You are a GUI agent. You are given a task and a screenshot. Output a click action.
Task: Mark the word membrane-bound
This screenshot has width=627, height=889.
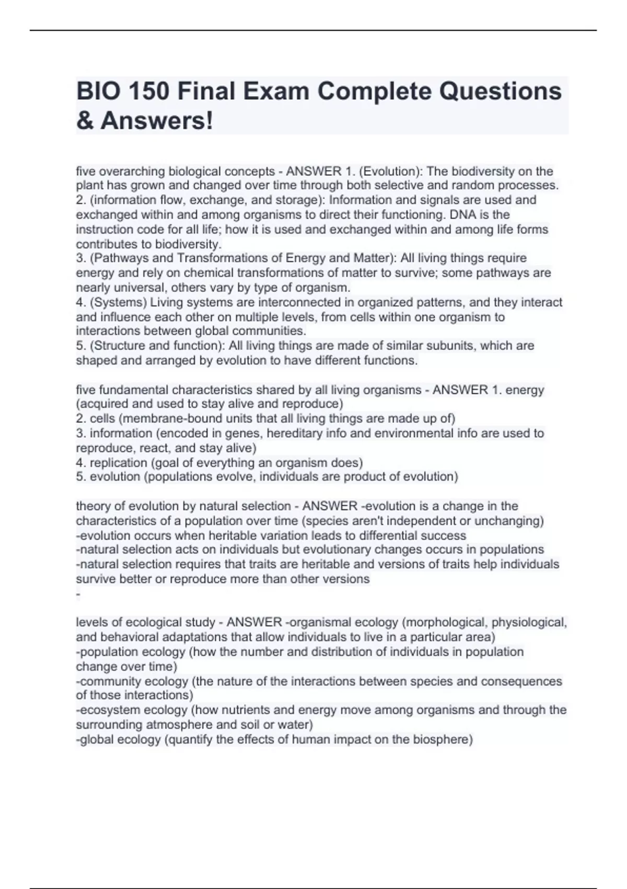160,419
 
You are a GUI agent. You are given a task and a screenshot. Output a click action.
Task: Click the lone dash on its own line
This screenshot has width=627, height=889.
78,594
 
